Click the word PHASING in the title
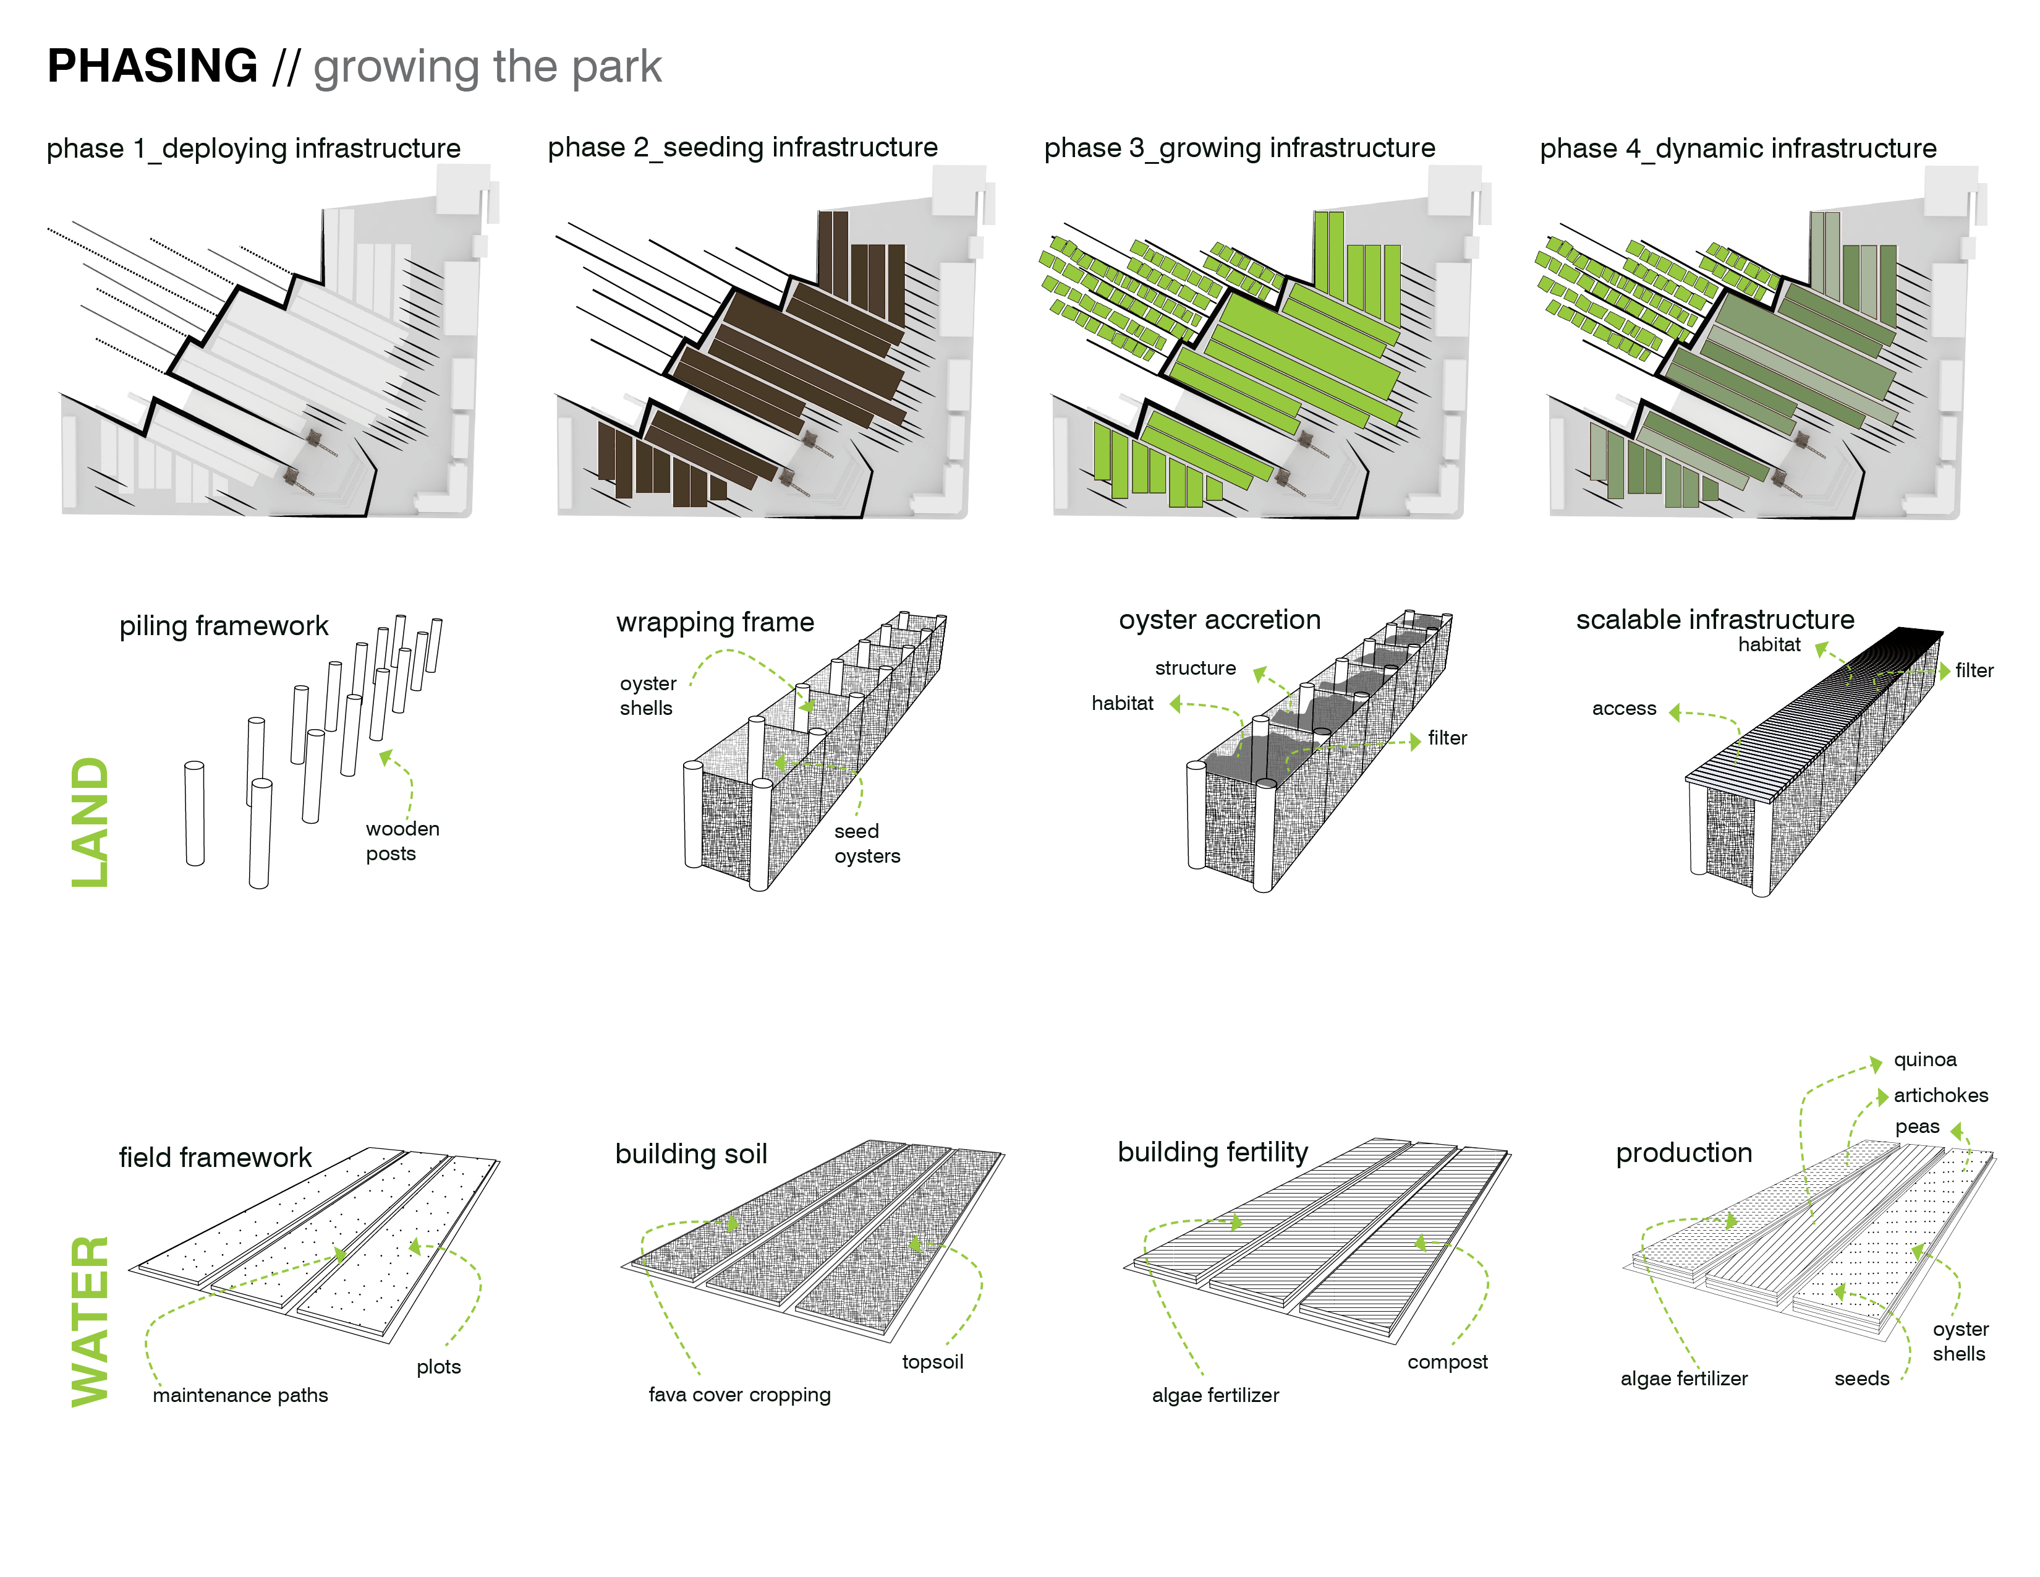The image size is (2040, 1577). pos(152,66)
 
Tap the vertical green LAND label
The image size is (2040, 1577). pos(91,822)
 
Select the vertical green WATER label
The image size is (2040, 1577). pos(91,1320)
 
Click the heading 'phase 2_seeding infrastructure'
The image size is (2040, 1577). pos(742,148)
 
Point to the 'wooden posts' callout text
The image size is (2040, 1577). pos(402,841)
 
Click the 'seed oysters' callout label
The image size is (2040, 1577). pos(867,844)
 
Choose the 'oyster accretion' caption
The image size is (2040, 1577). pos(1220,620)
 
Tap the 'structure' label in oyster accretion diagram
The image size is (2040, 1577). pos(1195,668)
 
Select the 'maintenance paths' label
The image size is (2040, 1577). pos(240,1395)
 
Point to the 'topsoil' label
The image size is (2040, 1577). pos(932,1362)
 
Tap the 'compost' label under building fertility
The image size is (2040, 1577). pos(1447,1362)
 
